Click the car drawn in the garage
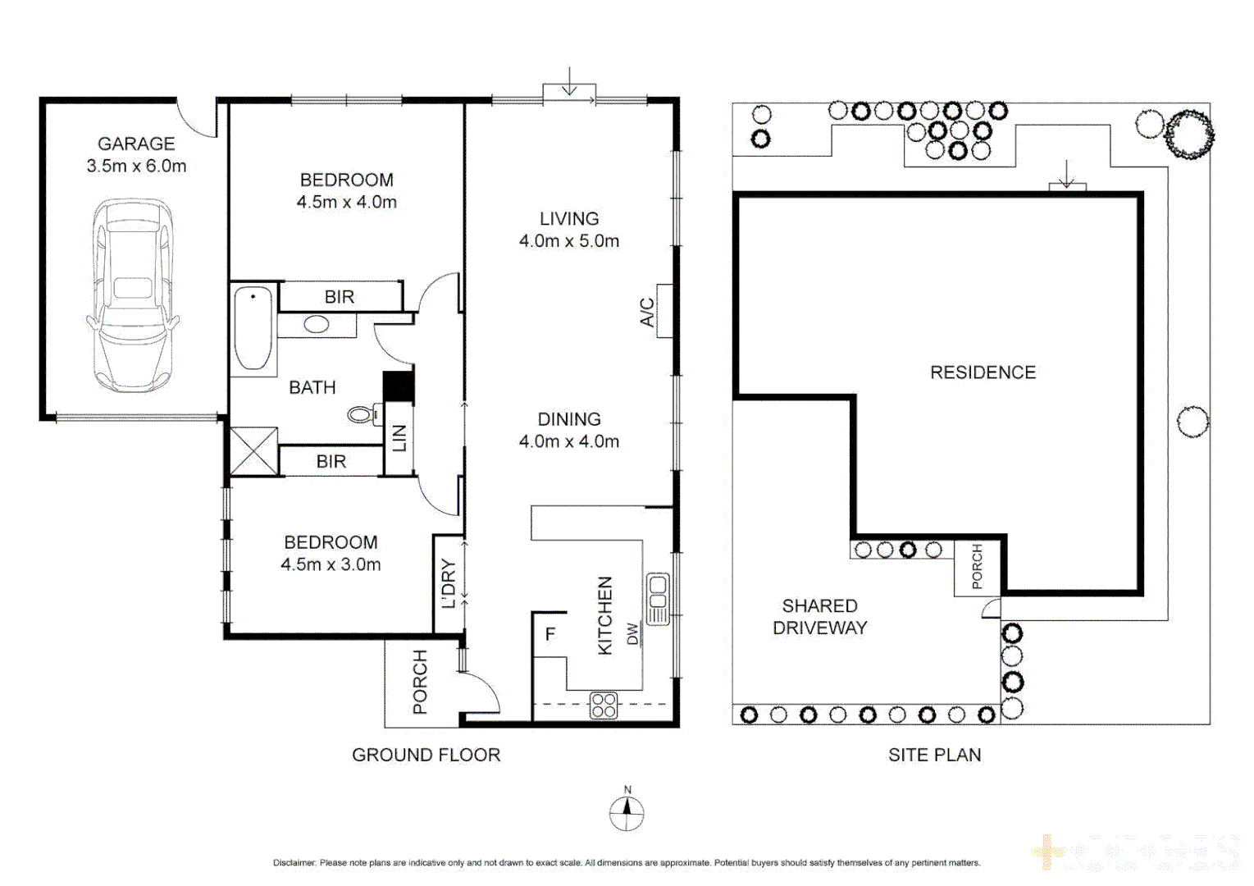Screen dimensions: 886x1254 click(x=132, y=295)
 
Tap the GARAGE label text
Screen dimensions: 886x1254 click(x=136, y=144)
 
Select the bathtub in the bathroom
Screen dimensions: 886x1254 click(x=253, y=329)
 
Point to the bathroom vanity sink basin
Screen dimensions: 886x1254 click(x=317, y=325)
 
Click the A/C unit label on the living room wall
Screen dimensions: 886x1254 click(x=647, y=312)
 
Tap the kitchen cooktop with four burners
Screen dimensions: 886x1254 click(x=604, y=706)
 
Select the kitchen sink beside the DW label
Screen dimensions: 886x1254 click(x=658, y=599)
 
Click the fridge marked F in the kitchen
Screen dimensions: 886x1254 click(x=550, y=634)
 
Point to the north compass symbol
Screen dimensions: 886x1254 click(x=627, y=812)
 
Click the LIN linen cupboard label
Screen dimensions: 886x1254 click(x=399, y=438)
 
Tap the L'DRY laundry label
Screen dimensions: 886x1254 click(x=448, y=583)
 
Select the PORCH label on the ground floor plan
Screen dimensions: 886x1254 click(x=420, y=682)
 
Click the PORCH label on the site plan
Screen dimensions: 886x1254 click(x=977, y=567)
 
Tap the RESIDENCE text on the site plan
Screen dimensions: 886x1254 click(x=983, y=372)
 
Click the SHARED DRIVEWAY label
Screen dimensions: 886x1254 click(x=819, y=617)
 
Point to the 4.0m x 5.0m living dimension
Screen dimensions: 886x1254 click(x=568, y=241)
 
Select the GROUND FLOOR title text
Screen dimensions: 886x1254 click(x=426, y=755)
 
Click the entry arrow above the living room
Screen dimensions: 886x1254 click(x=569, y=83)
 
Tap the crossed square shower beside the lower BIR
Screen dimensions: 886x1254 click(x=253, y=451)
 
